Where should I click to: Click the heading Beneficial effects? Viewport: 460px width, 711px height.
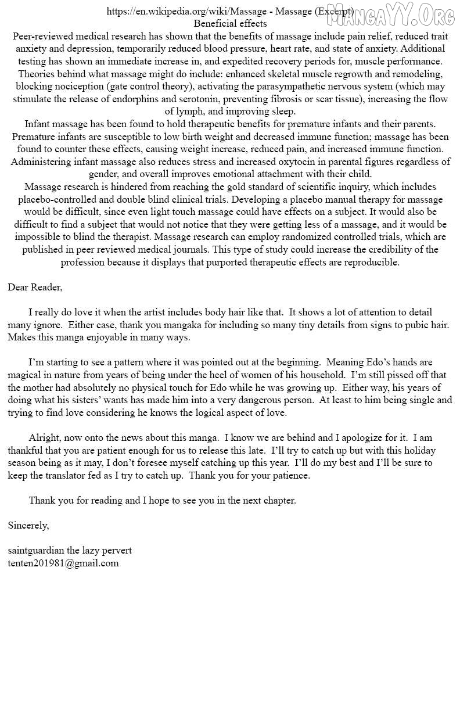pos(230,24)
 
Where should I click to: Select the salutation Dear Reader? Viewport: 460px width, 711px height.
pos(35,287)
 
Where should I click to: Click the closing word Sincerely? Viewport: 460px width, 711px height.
pos(28,525)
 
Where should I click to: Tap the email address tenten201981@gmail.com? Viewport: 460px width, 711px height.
pos(63,563)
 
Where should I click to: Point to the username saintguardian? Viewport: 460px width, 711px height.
pos(36,550)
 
